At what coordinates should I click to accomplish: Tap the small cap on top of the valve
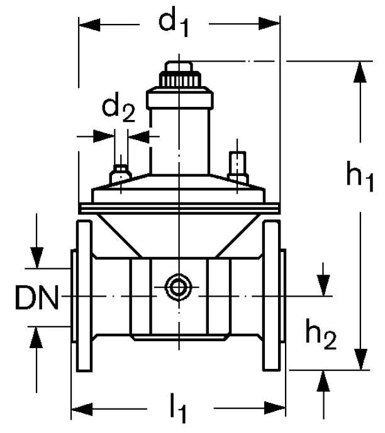tap(180, 67)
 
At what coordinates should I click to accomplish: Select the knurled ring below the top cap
tap(180, 80)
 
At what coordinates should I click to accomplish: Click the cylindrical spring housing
tap(180, 132)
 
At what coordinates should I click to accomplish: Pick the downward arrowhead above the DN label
tap(37, 257)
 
